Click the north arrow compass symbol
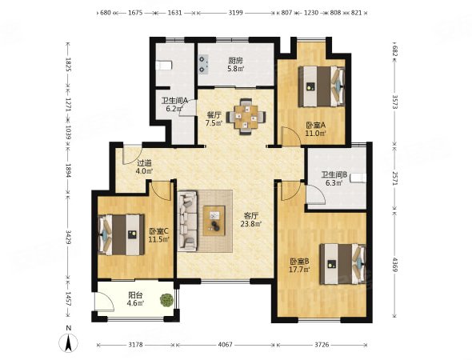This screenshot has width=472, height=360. pyautogui.click(x=69, y=342)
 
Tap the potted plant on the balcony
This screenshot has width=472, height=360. pyautogui.click(x=166, y=300)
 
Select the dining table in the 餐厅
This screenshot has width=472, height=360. pyautogui.click(x=246, y=117)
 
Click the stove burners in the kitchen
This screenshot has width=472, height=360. pyautogui.click(x=203, y=65)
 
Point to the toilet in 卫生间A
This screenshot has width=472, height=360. pyautogui.click(x=164, y=65)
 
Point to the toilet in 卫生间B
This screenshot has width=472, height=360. pyautogui.click(x=358, y=178)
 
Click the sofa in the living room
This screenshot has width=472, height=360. pyautogui.click(x=187, y=222)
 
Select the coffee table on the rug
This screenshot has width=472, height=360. pyautogui.click(x=214, y=221)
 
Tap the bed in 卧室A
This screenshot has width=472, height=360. pyautogui.click(x=322, y=86)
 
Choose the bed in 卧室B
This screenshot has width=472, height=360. pyautogui.click(x=343, y=264)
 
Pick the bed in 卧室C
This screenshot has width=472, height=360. pyautogui.click(x=121, y=234)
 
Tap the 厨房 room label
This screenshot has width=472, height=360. pyautogui.click(x=236, y=61)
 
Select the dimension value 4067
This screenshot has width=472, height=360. pyautogui.click(x=225, y=345)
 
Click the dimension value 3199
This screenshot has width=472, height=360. pyautogui.click(x=236, y=13)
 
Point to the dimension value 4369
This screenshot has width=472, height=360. pyautogui.click(x=395, y=265)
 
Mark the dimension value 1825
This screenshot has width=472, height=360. pyautogui.click(x=68, y=65)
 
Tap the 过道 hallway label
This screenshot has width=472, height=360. pyautogui.click(x=145, y=163)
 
